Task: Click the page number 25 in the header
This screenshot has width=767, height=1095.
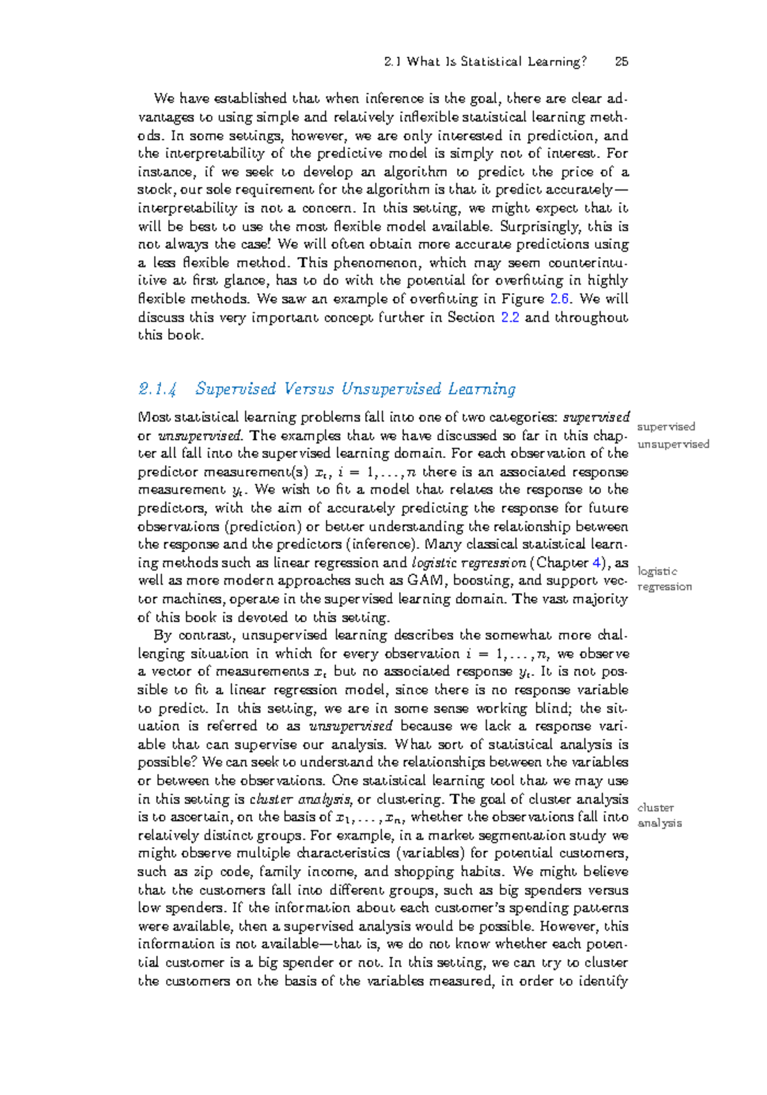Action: coord(621,62)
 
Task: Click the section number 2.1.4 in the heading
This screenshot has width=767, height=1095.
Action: coord(157,389)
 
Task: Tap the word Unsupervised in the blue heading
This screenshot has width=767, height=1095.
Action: coord(391,389)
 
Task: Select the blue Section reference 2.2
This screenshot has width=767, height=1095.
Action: coord(510,317)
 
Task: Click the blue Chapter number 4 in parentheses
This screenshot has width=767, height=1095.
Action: coord(596,563)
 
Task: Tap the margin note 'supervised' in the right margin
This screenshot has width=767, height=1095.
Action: coord(666,427)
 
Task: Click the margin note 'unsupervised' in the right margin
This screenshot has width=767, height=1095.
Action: coord(673,444)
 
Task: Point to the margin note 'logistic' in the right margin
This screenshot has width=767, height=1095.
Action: coord(657,571)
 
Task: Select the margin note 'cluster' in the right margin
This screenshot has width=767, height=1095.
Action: coord(655,808)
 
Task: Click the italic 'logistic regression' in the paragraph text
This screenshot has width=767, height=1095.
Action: coord(469,563)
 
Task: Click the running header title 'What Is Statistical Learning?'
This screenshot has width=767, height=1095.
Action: coord(496,62)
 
